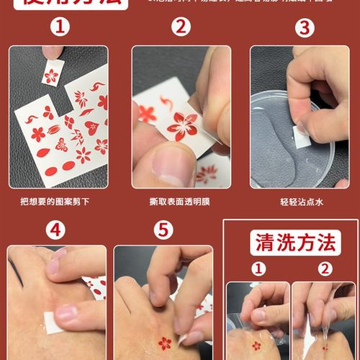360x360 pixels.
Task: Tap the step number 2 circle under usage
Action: [181, 29]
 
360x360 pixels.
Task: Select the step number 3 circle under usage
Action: [306, 29]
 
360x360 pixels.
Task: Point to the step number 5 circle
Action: [165, 230]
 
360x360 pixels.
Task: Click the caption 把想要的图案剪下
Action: [58, 202]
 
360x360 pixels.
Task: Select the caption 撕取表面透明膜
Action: [181, 202]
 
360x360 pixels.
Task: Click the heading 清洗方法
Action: [295, 243]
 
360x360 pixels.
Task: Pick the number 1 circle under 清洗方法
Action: [258, 269]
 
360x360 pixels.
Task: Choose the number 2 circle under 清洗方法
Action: [325, 269]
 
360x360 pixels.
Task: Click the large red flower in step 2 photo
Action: [183, 126]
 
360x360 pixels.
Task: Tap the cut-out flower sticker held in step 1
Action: [52, 75]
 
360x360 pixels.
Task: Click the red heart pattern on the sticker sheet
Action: [91, 128]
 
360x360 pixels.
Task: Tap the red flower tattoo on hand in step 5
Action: [165, 343]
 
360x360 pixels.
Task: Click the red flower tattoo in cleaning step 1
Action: [256, 346]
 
